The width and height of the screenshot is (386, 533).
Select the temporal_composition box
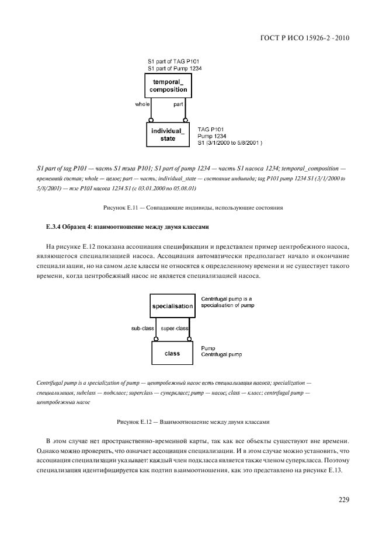click(x=168, y=86)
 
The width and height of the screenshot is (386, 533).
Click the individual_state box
click(x=168, y=134)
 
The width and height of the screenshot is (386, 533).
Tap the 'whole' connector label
click(x=142, y=104)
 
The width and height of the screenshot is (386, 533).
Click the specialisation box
click(x=172, y=306)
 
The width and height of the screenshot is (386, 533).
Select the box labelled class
click(x=172, y=354)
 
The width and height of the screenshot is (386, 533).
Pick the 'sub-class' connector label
click(x=142, y=328)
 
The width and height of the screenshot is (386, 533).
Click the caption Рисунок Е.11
click(x=193, y=207)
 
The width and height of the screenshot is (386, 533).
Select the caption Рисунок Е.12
click(x=193, y=421)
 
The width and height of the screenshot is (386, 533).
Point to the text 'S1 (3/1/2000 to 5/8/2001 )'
click(x=230, y=142)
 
